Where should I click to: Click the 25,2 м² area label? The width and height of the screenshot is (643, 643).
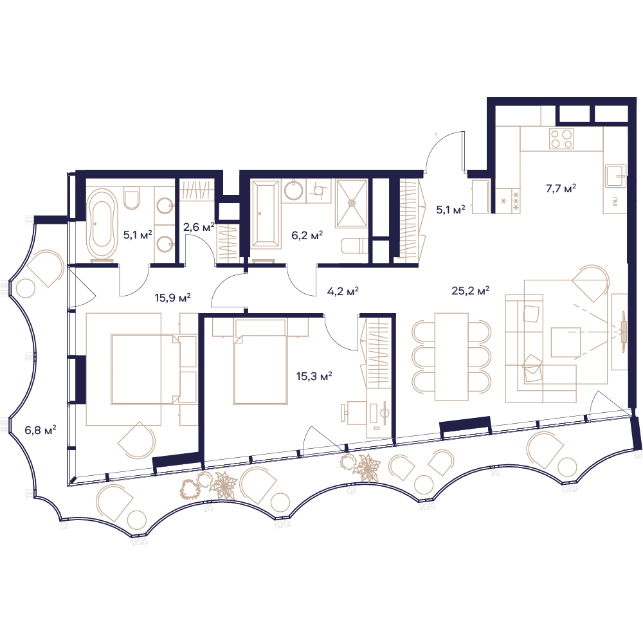pyautogui.click(x=471, y=291)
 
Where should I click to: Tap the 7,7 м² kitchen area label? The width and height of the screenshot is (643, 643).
pyautogui.click(x=561, y=188)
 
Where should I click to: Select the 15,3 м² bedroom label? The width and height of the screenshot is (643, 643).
pyautogui.click(x=314, y=376)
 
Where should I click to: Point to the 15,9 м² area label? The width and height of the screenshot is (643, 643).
pyautogui.click(x=172, y=297)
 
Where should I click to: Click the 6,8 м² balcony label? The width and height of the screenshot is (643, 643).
pyautogui.click(x=41, y=430)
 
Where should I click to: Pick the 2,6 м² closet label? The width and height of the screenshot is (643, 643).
pyautogui.click(x=199, y=227)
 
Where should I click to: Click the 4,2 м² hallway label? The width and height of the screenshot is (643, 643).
pyautogui.click(x=343, y=291)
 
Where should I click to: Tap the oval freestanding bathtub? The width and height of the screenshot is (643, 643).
pyautogui.click(x=101, y=224)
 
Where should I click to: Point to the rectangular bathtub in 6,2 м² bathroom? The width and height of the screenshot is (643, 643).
pyautogui.click(x=266, y=215)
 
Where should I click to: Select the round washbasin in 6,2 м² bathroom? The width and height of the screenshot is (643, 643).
pyautogui.click(x=294, y=191)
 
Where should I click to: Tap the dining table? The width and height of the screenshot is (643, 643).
pyautogui.click(x=451, y=356)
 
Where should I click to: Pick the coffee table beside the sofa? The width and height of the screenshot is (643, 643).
pyautogui.click(x=565, y=342)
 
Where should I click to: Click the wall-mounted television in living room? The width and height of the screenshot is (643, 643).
pyautogui.click(x=623, y=325)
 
